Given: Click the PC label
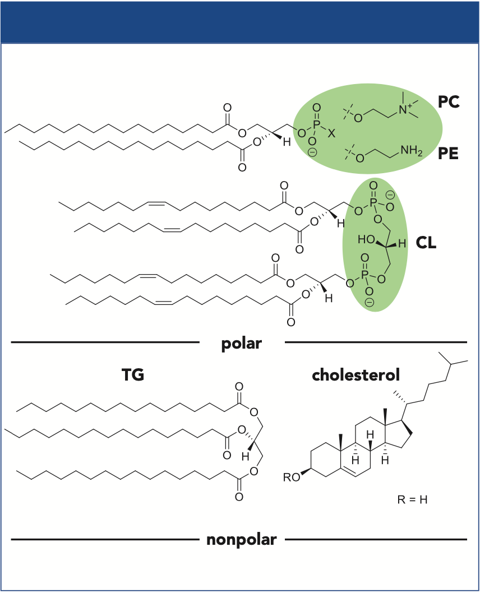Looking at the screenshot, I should tap(449, 103).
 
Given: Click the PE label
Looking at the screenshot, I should tap(449, 152).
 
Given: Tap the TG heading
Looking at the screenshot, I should tap(133, 375).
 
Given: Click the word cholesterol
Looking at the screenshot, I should tap(356, 375).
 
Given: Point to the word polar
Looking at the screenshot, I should tap(242, 342).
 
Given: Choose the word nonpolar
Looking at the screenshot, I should tap(242, 540).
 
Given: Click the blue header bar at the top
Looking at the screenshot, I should tap(240, 21).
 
